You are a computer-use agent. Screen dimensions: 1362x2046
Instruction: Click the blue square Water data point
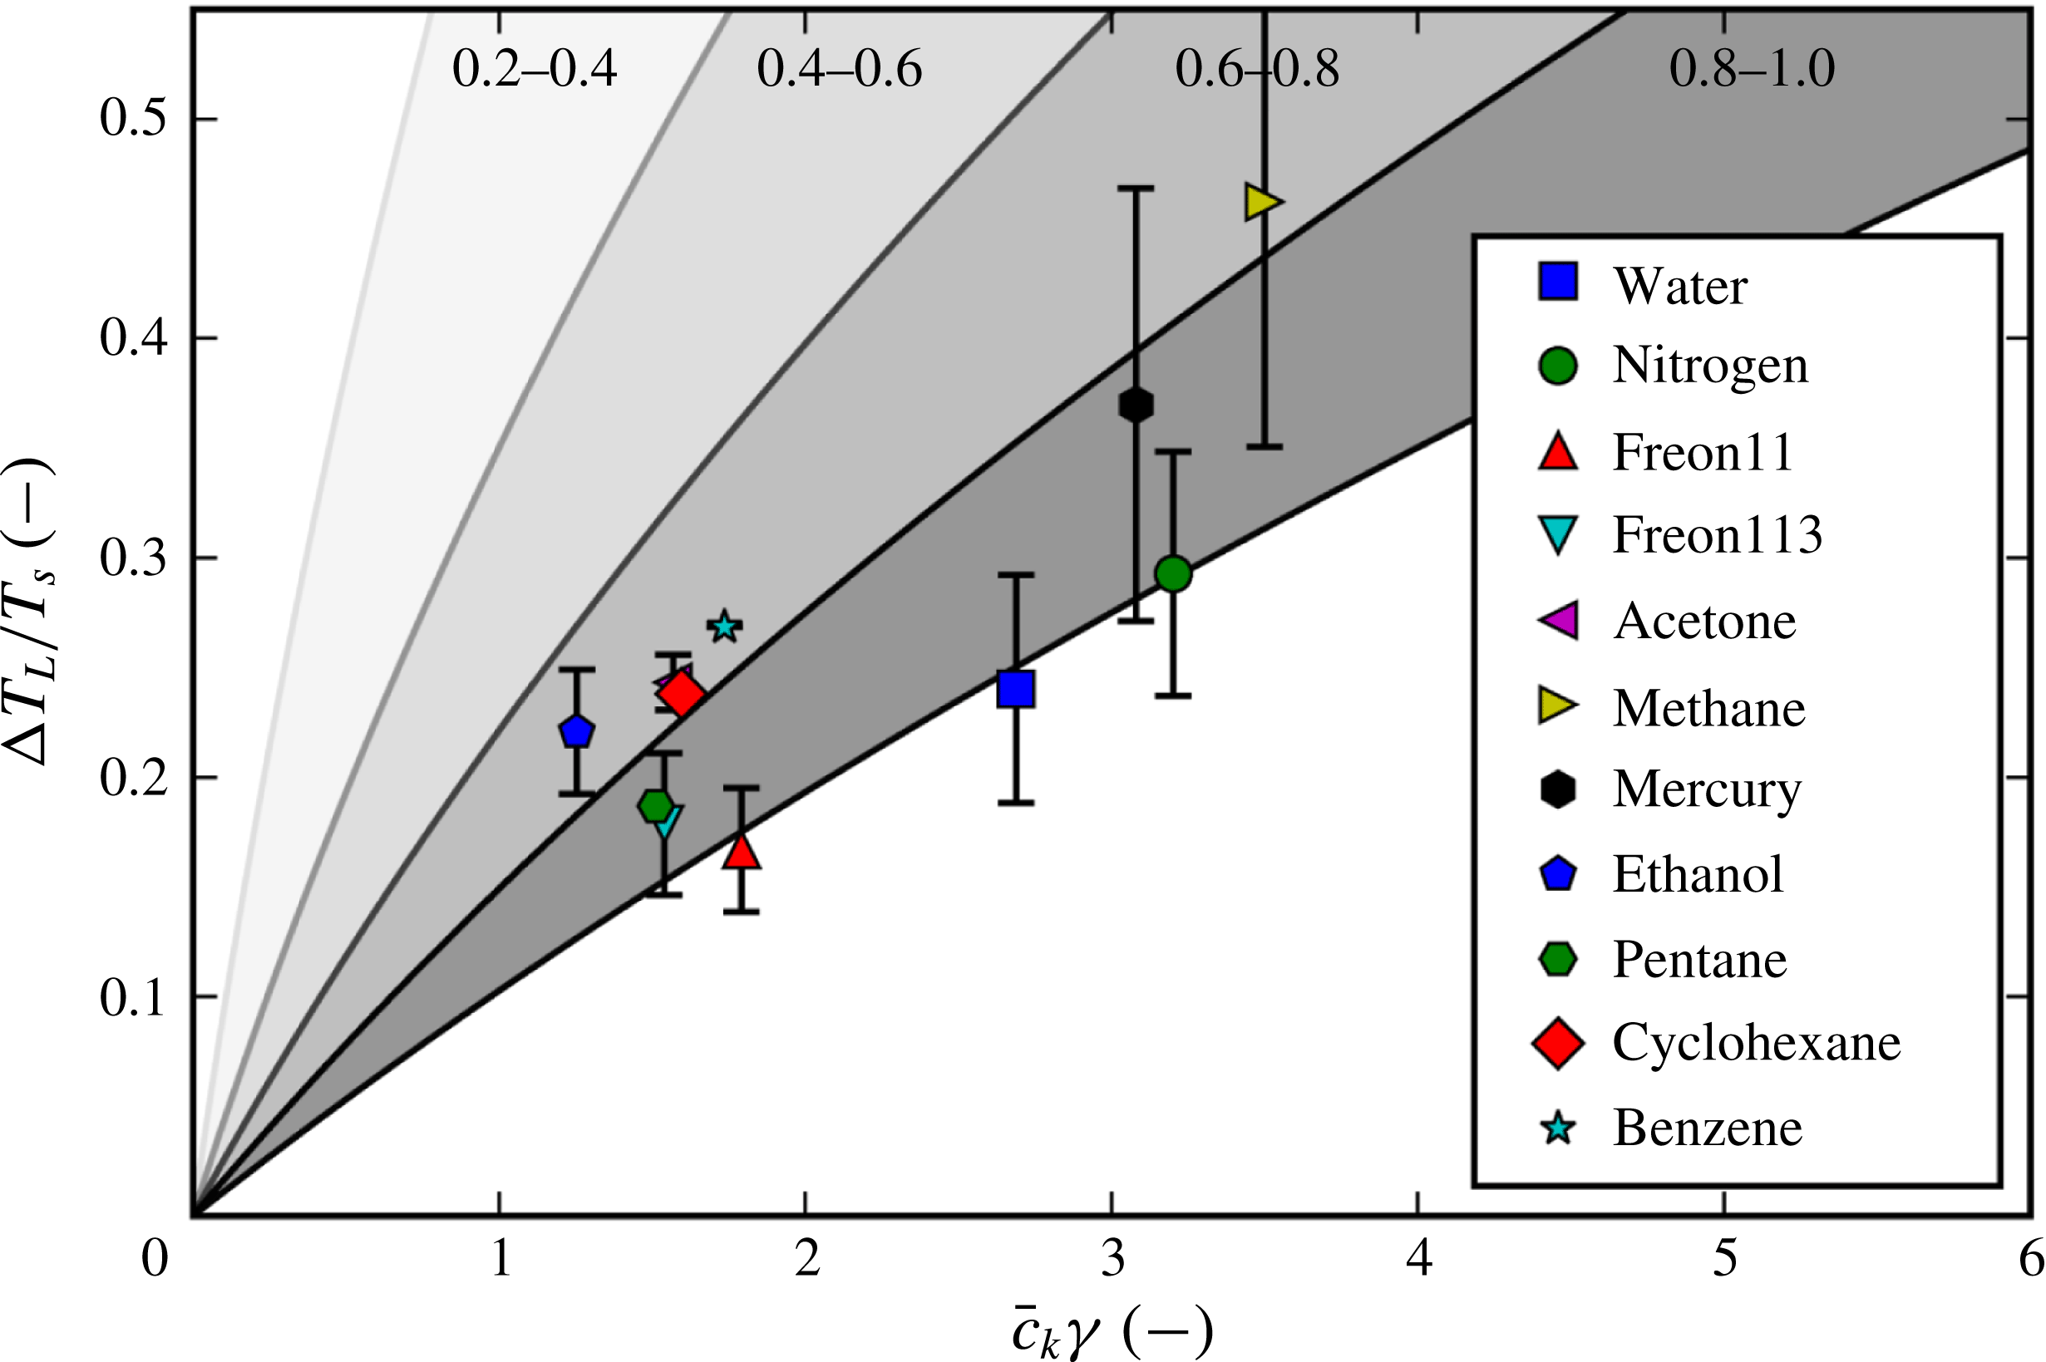[x=1015, y=689]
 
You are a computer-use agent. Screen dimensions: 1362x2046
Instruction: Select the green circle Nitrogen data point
[x=1173, y=573]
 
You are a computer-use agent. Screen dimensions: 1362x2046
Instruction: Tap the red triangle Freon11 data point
[x=742, y=852]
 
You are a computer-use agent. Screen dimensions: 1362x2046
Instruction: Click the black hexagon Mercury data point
[x=1136, y=405]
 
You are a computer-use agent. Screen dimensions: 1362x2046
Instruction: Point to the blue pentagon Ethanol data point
[x=576, y=732]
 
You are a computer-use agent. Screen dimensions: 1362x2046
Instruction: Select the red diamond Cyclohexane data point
[x=681, y=694]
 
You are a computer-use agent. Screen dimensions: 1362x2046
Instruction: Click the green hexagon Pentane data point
[x=656, y=805]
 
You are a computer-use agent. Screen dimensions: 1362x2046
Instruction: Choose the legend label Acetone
[x=1704, y=622]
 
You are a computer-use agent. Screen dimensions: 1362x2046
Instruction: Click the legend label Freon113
[x=1717, y=535]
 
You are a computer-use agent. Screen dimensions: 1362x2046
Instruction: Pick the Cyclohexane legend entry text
[x=1756, y=1043]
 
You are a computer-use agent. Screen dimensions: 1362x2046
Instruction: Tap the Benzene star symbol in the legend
[x=1559, y=1128]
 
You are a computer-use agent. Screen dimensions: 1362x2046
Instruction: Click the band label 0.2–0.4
[x=535, y=70]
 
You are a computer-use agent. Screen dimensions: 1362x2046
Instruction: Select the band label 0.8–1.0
[x=1752, y=70]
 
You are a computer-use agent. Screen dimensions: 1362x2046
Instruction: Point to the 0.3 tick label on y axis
[x=131, y=558]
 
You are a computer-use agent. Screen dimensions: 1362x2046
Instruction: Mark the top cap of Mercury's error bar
[x=1135, y=188]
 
